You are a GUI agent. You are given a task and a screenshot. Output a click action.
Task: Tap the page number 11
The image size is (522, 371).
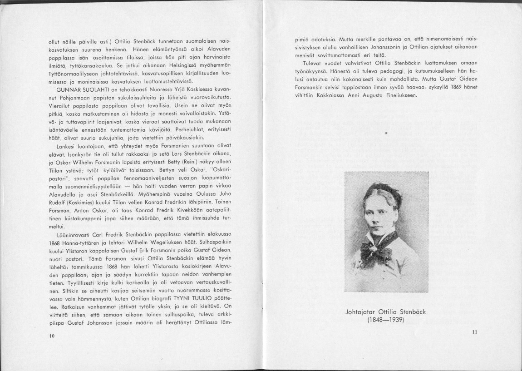[x=475, y=332]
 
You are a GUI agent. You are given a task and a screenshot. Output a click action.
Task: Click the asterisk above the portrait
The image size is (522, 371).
[x=386, y=133]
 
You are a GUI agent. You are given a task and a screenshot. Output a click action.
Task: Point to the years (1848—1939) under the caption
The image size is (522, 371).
[x=386, y=320]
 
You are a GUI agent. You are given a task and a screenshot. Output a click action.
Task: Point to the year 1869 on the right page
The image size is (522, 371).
[x=456, y=87]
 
